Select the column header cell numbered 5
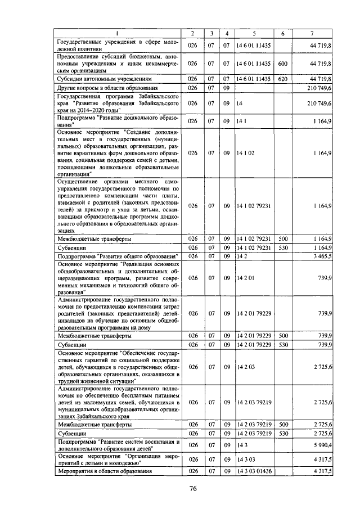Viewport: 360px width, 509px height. point(254,34)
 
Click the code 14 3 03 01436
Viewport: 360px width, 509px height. point(254,470)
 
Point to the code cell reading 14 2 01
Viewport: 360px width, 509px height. point(246,277)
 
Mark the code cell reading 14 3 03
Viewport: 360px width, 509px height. point(246,459)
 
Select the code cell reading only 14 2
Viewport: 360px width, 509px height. point(242,256)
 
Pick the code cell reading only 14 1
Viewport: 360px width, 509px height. point(242,121)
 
